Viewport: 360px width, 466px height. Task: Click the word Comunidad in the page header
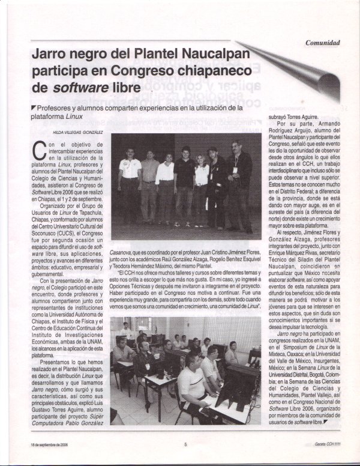pyautogui.click(x=323, y=43)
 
